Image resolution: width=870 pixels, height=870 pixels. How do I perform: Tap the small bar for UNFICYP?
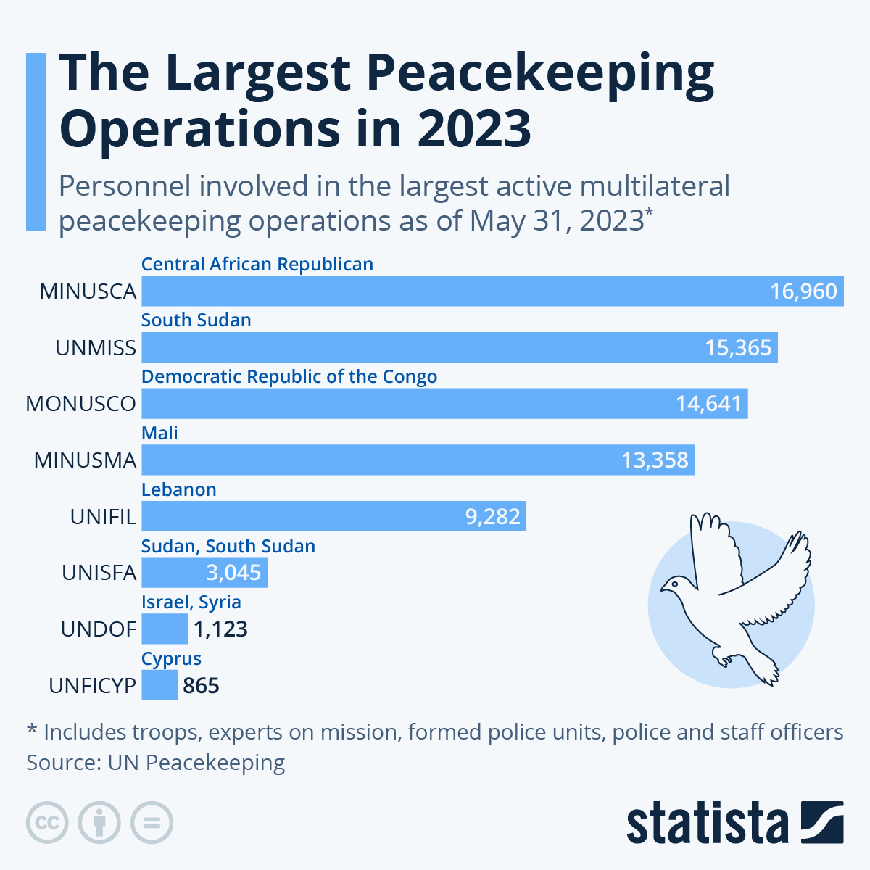(x=159, y=685)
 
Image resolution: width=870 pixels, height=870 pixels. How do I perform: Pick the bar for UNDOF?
(x=165, y=629)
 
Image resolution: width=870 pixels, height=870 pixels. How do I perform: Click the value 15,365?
(x=738, y=348)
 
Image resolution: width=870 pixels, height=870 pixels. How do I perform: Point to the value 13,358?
(x=655, y=460)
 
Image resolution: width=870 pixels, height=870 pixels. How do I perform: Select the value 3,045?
(x=233, y=573)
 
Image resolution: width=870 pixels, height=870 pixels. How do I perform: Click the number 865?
(x=201, y=686)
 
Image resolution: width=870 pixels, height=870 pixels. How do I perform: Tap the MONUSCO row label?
(x=80, y=404)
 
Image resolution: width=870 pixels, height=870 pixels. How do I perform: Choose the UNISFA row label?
(x=99, y=573)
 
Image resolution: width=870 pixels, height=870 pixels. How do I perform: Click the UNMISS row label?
(x=96, y=348)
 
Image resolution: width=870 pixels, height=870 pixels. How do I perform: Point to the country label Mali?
(x=159, y=433)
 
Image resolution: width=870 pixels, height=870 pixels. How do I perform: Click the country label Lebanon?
(x=178, y=489)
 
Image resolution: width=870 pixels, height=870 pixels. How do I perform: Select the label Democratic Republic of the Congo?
(x=289, y=377)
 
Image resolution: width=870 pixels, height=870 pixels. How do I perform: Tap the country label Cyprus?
(x=171, y=658)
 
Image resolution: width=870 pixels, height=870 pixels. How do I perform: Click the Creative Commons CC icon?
(x=47, y=823)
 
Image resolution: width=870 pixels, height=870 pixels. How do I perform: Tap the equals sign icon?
(x=152, y=823)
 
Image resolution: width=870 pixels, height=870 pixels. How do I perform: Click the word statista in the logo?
(x=707, y=823)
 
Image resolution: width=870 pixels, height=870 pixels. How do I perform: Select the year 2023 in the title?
(x=474, y=128)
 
